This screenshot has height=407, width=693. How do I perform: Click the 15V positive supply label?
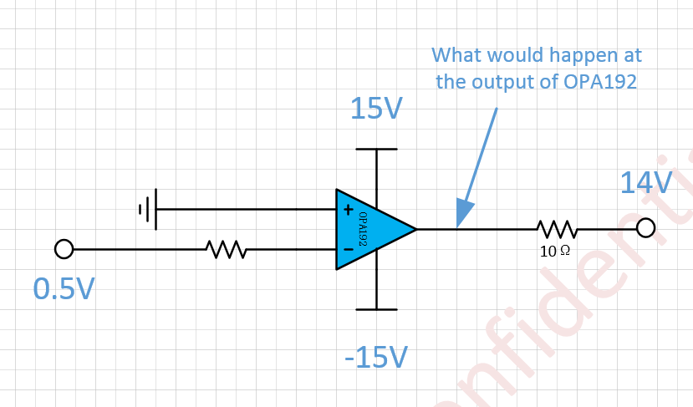click(376, 109)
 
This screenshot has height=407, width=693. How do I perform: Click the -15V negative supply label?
click(376, 357)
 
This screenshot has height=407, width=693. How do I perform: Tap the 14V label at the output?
click(645, 183)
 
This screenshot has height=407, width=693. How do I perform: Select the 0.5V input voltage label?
click(64, 288)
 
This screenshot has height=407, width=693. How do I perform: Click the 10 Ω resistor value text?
click(554, 250)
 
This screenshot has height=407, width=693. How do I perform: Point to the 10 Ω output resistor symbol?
click(556, 228)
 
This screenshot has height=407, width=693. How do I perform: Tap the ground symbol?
click(147, 209)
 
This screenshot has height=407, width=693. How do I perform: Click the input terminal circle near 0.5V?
click(64, 248)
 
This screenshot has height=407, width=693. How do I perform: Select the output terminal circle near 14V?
click(645, 228)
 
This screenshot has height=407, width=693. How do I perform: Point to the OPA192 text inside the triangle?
click(364, 228)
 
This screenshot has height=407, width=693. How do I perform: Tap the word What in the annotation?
click(457, 56)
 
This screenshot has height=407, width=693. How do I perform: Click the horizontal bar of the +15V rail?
click(376, 150)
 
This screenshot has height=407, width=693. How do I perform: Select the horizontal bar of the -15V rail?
click(376, 309)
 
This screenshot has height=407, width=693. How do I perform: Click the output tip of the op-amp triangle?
click(415, 228)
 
